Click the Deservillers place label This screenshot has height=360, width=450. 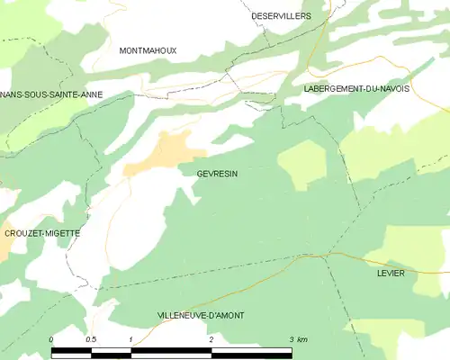pos(281,16)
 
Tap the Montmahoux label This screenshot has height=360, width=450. pos(148,51)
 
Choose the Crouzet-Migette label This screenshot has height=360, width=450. pos(42,233)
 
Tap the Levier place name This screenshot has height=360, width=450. pos(391,273)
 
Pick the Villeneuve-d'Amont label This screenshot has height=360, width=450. pos(200,315)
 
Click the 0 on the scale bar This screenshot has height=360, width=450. pos(51,339)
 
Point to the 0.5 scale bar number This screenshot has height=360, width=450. pos(91,339)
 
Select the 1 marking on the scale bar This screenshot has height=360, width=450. pos(131,339)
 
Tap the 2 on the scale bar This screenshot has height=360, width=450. pos(211,339)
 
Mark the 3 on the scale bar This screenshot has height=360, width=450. pos(291,339)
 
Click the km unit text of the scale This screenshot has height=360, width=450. pos(302,339)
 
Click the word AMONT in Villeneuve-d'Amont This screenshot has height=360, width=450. pos(225,315)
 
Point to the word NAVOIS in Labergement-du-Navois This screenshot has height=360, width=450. pos(391,89)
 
